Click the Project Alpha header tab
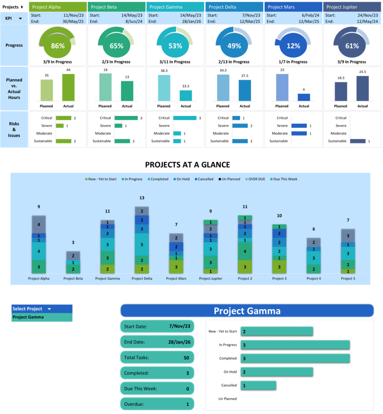point(58,7)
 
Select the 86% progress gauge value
point(58,46)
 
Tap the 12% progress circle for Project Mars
point(293,46)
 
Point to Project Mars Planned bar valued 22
point(282,87)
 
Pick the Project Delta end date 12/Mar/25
point(250,21)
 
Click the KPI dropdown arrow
point(20,18)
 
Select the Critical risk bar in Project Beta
point(126,118)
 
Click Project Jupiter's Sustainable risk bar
point(358,141)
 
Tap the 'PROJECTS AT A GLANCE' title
point(187,165)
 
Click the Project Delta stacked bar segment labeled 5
point(142,245)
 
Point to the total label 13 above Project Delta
point(142,198)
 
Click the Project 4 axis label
point(314,279)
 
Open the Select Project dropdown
point(49,309)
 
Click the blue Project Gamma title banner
point(247,311)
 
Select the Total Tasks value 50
point(186,357)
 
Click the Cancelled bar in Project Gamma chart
point(258,385)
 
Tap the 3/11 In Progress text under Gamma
point(175,62)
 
